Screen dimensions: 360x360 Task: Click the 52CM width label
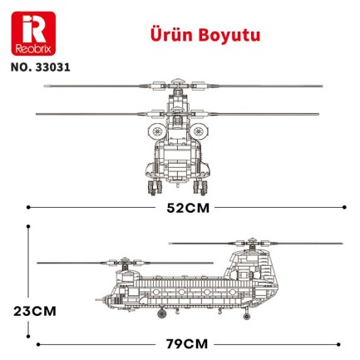point(179,207)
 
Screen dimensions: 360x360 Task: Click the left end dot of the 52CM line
point(29,207)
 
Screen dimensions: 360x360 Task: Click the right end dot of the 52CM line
point(331,207)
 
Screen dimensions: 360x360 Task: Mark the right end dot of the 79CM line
point(341,342)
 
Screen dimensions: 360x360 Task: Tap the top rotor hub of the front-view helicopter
point(178,84)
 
